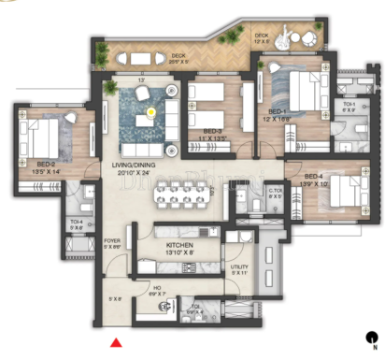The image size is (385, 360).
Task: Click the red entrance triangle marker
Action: [x=116, y=343]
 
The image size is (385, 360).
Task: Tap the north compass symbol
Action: [x=374, y=338]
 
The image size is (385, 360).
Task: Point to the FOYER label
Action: [x=112, y=239]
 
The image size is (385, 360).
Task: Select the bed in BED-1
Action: [x=298, y=94]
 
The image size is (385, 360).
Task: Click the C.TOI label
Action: [x=250, y=193]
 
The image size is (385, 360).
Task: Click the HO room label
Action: [x=157, y=290]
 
